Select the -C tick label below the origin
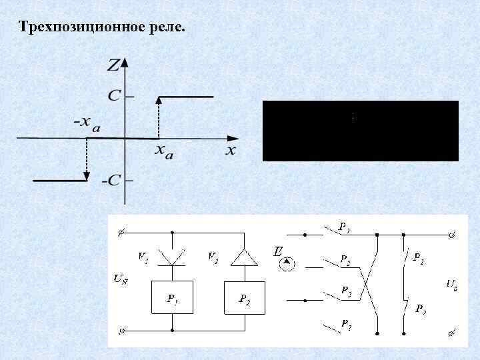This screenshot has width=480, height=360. [111, 181]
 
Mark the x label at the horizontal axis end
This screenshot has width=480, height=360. [230, 150]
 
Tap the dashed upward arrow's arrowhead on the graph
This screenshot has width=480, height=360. [159, 100]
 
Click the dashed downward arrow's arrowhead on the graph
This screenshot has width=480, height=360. [87, 176]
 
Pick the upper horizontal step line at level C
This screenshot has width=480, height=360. [185, 97]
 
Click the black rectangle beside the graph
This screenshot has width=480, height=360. [360, 131]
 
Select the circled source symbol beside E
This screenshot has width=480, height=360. [287, 264]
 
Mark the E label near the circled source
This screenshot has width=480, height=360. [277, 251]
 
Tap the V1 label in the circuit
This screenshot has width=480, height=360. [143, 255]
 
